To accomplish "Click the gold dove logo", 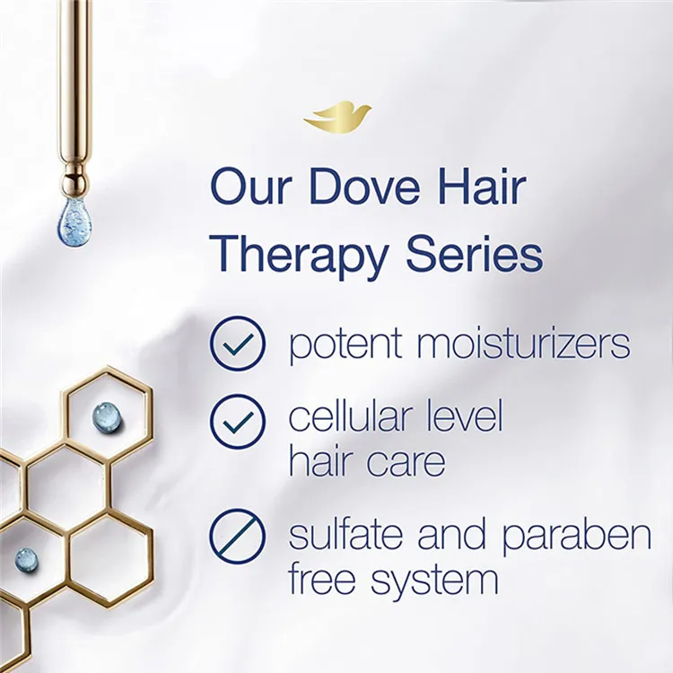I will (x=337, y=117).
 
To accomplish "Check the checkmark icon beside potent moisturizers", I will (x=238, y=343).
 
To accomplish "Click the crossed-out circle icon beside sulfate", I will (x=238, y=536).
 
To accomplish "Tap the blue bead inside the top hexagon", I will (x=105, y=415).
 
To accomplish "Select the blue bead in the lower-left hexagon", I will (x=27, y=561).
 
